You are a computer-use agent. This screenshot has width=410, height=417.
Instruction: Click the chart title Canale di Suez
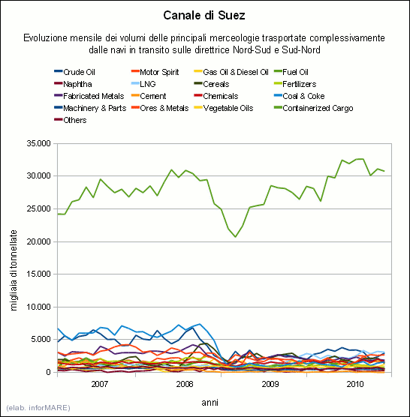[x=204, y=16]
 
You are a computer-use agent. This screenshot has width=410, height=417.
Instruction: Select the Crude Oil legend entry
[x=74, y=72]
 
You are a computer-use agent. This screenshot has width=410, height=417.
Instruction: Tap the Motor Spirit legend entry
[x=155, y=72]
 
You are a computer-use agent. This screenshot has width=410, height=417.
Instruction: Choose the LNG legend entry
[x=143, y=84]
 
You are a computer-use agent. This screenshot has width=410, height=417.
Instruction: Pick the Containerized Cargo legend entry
[x=314, y=108]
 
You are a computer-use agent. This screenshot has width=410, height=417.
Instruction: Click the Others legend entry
[x=71, y=120]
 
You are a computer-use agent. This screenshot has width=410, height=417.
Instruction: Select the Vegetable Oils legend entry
[x=223, y=108]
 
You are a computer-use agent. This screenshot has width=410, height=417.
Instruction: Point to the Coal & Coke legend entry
[x=300, y=96]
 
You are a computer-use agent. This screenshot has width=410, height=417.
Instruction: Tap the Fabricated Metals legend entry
[x=89, y=96]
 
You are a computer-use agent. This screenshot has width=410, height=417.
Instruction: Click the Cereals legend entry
[x=212, y=84]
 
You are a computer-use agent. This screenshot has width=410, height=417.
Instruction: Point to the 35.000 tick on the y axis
[x=38, y=143]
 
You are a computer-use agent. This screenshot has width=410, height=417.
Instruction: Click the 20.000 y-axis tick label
[x=38, y=241]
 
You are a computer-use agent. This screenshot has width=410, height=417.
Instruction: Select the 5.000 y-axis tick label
[x=41, y=340]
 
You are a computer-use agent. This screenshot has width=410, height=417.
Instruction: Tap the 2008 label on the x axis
[x=185, y=384]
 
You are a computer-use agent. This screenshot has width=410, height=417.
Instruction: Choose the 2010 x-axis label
[x=355, y=384]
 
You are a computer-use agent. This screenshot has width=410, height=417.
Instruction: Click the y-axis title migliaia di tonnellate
[x=14, y=271]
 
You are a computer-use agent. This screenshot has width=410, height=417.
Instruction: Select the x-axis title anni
[x=210, y=403]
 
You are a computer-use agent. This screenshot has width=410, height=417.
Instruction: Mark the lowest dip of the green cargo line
[x=235, y=237]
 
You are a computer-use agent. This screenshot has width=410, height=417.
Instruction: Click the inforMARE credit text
[x=38, y=408]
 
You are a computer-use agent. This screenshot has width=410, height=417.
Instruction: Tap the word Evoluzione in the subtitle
[x=45, y=38]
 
